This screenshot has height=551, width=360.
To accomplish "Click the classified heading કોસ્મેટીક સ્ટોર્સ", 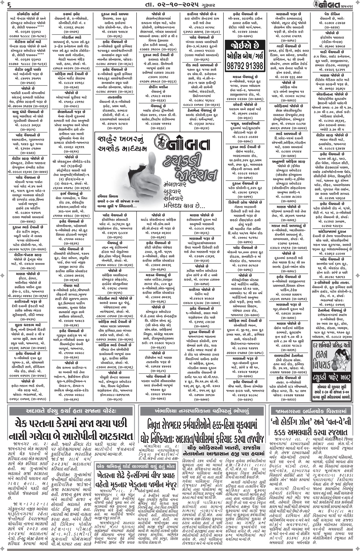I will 24,14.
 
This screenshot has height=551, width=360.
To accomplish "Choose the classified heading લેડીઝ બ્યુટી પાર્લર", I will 24,69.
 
